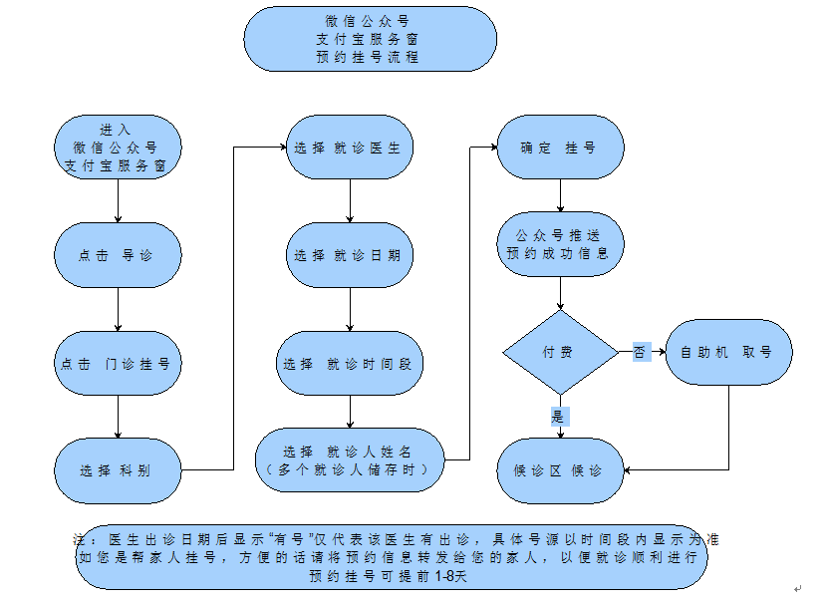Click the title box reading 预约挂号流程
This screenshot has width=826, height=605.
point(371,39)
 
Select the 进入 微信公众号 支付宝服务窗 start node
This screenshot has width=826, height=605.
point(118,148)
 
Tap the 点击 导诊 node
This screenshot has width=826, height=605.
point(118,255)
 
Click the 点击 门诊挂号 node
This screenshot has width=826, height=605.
point(118,364)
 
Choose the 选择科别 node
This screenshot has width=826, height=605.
point(118,470)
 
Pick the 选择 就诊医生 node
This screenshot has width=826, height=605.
point(349,148)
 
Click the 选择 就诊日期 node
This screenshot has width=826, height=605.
point(349,255)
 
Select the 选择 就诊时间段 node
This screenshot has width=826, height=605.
point(349,364)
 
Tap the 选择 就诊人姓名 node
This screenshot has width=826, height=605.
point(349,459)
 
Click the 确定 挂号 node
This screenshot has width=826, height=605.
point(560,148)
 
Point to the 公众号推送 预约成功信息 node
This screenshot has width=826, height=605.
point(560,245)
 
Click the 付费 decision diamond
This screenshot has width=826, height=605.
point(560,352)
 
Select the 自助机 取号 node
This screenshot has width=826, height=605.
point(729,352)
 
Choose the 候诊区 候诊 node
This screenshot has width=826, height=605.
point(560,470)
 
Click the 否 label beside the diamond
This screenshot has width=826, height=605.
point(641,352)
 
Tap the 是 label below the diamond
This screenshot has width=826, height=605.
point(559,417)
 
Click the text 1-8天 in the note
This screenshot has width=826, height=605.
point(450,576)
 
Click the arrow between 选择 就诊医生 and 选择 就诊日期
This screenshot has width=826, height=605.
point(349,201)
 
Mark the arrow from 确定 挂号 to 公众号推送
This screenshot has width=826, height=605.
point(560,195)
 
